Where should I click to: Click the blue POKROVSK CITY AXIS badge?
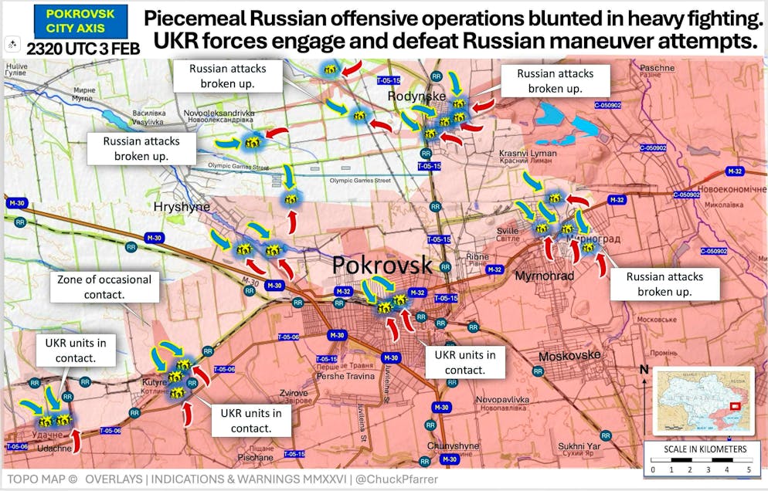70,21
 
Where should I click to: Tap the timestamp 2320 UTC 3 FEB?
83,49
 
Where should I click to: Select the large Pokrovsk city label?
382,265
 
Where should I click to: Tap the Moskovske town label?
569,355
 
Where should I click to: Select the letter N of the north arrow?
644,370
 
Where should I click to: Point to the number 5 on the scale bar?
748,469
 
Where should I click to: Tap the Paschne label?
657,68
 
